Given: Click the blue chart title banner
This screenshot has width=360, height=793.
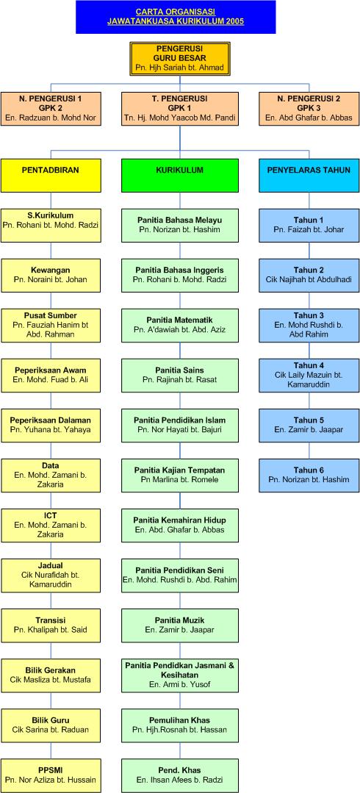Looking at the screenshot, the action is click(x=176, y=17).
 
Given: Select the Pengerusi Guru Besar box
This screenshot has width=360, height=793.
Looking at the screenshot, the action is click(x=180, y=59).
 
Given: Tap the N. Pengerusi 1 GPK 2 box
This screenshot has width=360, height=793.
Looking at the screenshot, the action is click(x=51, y=109).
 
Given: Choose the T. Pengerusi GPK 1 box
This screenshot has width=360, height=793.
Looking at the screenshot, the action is click(x=180, y=109).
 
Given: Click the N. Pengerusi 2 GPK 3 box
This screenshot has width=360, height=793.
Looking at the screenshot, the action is click(x=309, y=109).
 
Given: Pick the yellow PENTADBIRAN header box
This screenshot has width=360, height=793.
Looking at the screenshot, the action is click(x=51, y=175).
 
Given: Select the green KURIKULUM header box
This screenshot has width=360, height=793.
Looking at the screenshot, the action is click(x=180, y=175).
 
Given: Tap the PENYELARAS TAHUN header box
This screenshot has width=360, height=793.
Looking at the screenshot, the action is click(x=309, y=175).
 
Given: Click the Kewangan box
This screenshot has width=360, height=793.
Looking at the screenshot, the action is click(x=51, y=275).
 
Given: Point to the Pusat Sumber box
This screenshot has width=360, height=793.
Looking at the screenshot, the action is click(x=51, y=325).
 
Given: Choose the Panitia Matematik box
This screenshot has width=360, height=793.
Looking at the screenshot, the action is click(x=180, y=325).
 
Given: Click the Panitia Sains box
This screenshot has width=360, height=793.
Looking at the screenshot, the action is click(x=180, y=376).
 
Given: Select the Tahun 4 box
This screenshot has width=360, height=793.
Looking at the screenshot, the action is click(x=309, y=376).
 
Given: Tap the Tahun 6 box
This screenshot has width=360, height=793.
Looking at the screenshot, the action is click(x=309, y=476).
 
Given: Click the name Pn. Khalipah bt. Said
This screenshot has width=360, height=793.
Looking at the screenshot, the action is click(x=51, y=630).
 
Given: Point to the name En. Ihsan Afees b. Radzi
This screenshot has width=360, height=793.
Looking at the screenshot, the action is click(x=180, y=781).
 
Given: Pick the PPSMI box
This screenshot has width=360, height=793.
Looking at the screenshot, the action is click(x=51, y=776).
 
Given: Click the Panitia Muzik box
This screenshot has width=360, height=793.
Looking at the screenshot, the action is click(x=180, y=625).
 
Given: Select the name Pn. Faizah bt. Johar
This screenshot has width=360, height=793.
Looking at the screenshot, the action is click(x=309, y=229).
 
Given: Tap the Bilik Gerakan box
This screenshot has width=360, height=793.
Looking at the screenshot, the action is click(x=51, y=675).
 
